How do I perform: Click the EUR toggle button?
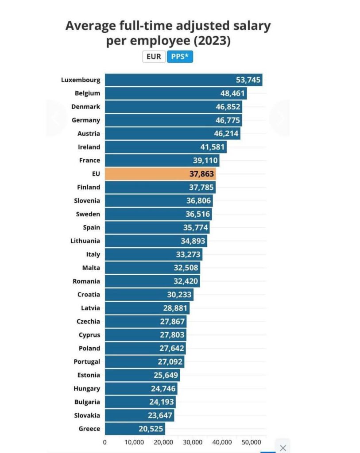(x=154, y=57)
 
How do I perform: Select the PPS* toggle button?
(x=180, y=57)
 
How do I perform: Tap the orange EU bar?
(x=160, y=174)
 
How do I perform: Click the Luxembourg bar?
(x=183, y=80)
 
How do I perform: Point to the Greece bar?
(x=135, y=429)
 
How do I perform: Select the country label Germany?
(x=86, y=120)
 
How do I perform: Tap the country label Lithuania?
(x=85, y=241)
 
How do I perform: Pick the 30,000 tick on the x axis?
(x=193, y=442)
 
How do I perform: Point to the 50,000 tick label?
(x=251, y=442)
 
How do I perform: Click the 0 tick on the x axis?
(x=105, y=442)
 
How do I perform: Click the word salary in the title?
(x=249, y=26)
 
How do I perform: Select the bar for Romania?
(x=152, y=281)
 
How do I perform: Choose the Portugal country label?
(x=87, y=361)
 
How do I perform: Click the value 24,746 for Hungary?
(x=163, y=388)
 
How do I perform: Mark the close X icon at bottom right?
(x=283, y=447)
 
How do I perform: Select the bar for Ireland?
(x=166, y=147)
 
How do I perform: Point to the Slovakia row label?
(x=87, y=415)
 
